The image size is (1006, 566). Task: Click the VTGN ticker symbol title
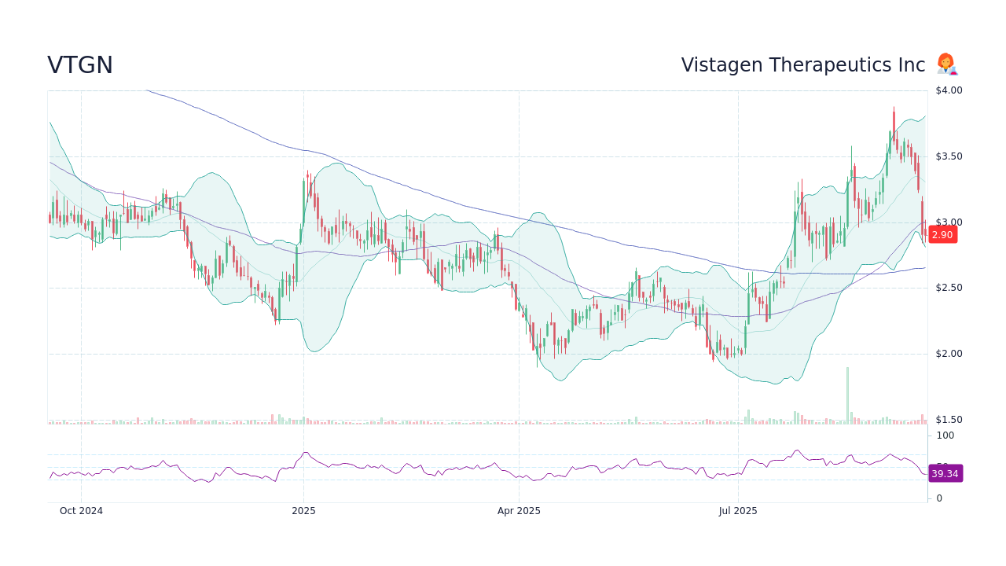pyautogui.click(x=80, y=65)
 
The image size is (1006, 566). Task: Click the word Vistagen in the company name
pyautogui.click(x=718, y=65)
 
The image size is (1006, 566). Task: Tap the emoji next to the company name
pyautogui.click(x=946, y=64)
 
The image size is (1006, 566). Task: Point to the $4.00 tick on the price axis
pyautogui.click(x=949, y=90)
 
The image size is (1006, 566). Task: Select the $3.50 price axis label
pyautogui.click(x=949, y=156)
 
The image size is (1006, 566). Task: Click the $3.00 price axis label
pyautogui.click(x=949, y=222)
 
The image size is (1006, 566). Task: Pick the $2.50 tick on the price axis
pyautogui.click(x=949, y=288)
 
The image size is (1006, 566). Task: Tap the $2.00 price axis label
pyautogui.click(x=949, y=354)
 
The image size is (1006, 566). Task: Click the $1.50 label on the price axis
pyautogui.click(x=949, y=420)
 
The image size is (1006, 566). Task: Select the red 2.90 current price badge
pyautogui.click(x=942, y=234)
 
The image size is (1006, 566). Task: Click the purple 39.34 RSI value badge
pyautogui.click(x=945, y=473)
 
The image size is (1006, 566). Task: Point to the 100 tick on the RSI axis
pyautogui.click(x=945, y=436)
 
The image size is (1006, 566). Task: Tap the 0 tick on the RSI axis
pyautogui.click(x=939, y=498)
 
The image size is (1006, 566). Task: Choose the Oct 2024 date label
pyautogui.click(x=81, y=511)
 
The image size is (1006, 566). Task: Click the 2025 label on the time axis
pyautogui.click(x=303, y=511)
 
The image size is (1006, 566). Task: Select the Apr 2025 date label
pyautogui.click(x=519, y=511)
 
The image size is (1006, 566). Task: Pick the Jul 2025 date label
pyautogui.click(x=738, y=511)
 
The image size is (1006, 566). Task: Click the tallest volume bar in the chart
pyautogui.click(x=847, y=395)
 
